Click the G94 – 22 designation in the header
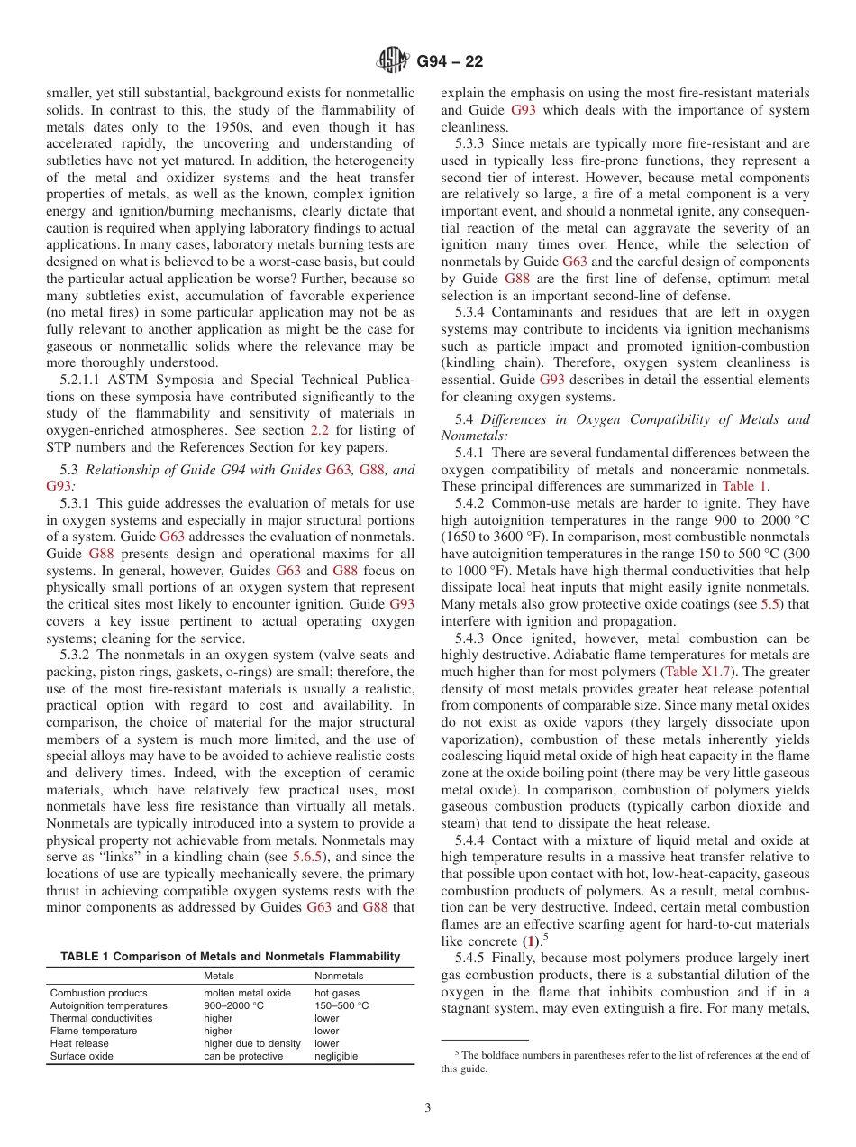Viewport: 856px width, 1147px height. [x=450, y=62]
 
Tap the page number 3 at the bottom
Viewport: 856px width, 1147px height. [x=428, y=1108]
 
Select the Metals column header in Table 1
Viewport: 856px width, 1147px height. [x=219, y=976]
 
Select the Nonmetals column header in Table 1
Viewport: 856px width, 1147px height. [x=339, y=976]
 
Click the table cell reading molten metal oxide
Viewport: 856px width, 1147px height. [x=247, y=993]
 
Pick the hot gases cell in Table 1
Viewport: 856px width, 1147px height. [x=337, y=993]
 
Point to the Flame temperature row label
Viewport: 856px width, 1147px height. [x=94, y=1031]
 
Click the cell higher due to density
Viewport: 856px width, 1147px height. [x=252, y=1043]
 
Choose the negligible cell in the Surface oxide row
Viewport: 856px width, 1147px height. [x=336, y=1056]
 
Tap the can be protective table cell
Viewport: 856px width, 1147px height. [x=243, y=1056]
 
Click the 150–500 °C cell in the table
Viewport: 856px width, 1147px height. [x=341, y=1005]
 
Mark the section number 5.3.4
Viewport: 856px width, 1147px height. [x=473, y=312]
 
